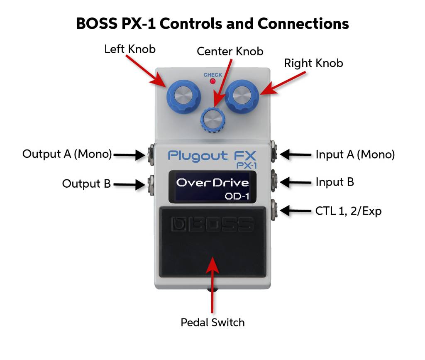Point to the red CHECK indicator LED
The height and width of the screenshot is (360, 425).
pos(213,82)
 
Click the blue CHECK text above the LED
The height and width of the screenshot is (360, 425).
pos(212,75)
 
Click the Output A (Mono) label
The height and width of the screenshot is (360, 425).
pos(67,154)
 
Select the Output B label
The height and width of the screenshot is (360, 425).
pos(86,183)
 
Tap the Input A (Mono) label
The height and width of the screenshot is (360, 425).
pos(355,154)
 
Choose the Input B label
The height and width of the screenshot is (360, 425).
pos(335,182)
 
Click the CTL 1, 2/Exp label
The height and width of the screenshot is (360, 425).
pos(348,211)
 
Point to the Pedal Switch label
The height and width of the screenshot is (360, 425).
pos(212,322)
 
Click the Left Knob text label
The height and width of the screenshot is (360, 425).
pos(130,49)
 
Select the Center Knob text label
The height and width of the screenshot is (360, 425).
pos(230,51)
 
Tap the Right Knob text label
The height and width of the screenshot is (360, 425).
pos(313,64)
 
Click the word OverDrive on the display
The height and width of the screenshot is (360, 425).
pos(212,183)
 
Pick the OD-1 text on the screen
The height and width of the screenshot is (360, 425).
pos(237,196)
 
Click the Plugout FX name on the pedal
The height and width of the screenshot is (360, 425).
pos(212,156)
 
